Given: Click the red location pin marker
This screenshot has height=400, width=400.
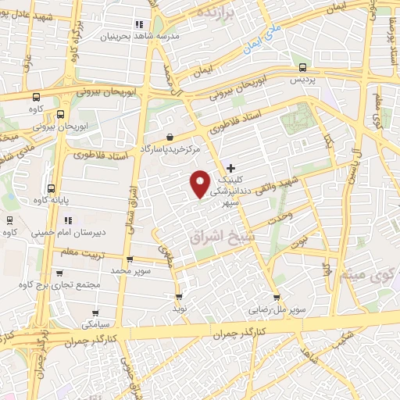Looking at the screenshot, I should click(x=201, y=183).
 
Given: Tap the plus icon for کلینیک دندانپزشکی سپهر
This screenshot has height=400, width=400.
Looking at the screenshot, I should click(x=230, y=168).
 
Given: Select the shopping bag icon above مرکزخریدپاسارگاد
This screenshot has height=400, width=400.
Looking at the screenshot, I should click(x=169, y=137).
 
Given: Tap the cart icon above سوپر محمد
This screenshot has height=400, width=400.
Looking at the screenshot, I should click(x=130, y=260).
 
